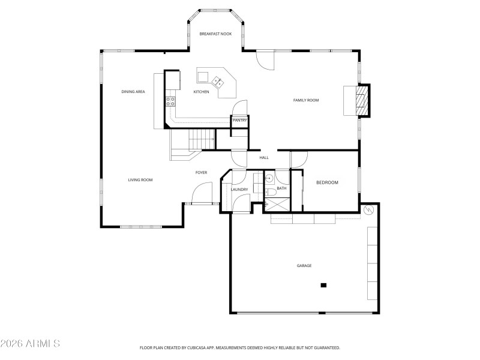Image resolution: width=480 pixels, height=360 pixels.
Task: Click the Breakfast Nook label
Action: (x=215, y=34)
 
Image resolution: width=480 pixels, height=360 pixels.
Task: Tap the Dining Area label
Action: (x=133, y=92)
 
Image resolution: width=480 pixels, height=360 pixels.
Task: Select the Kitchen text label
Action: (x=201, y=92)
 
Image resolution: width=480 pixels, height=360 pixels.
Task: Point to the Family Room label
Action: (x=305, y=100)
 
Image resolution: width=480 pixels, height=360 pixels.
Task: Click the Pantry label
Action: (x=240, y=121)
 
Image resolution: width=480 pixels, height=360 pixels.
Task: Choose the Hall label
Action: (x=264, y=158)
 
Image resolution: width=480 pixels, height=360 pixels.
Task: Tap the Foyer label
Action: (x=202, y=173)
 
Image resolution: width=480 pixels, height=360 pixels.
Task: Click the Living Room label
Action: (x=140, y=180)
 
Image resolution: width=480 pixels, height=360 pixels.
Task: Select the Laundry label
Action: (x=239, y=190)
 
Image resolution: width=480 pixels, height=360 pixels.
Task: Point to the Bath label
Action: (x=281, y=189)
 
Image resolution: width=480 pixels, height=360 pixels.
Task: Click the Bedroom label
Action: (x=328, y=182)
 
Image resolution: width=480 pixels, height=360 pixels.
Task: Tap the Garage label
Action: (x=304, y=265)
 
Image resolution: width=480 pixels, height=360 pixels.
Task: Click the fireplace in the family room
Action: (x=361, y=100)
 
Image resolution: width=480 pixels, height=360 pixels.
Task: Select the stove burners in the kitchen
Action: (x=171, y=100)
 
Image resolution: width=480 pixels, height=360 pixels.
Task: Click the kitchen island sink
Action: (x=217, y=79)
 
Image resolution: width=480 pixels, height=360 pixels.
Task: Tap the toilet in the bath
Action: (x=271, y=191)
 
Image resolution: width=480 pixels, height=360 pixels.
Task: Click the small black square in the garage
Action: (x=324, y=285)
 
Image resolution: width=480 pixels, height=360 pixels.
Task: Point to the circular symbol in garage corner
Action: (x=370, y=209)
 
